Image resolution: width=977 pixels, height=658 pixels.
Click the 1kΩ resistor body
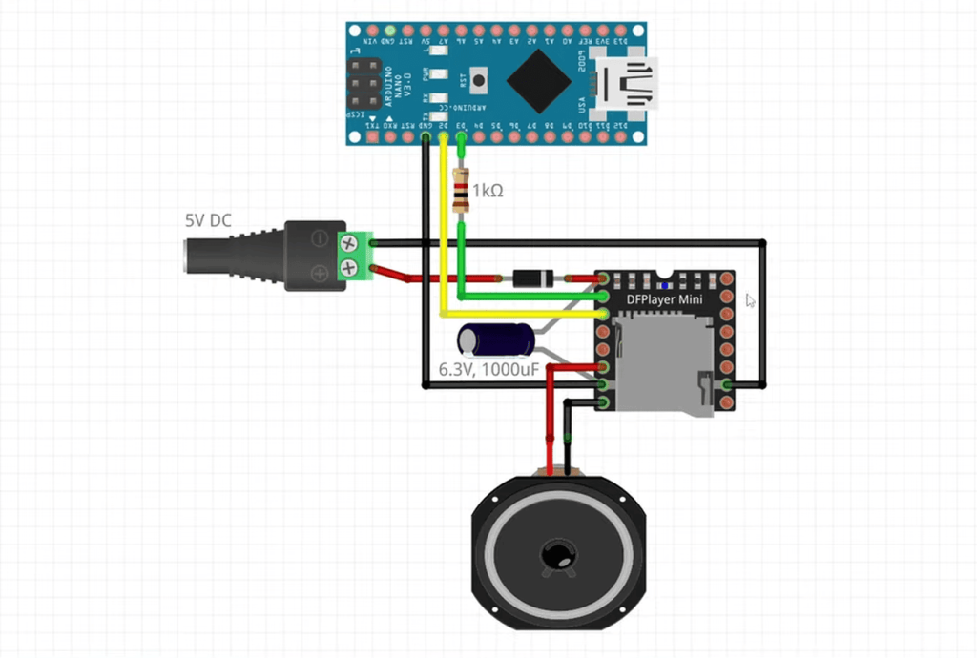pos(462,191)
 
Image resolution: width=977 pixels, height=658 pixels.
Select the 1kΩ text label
pos(487,191)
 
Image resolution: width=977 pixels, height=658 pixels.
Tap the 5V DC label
pos(208,220)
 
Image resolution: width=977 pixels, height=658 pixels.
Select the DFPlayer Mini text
pos(664,300)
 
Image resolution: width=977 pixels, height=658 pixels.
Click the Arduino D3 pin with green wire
pos(462,137)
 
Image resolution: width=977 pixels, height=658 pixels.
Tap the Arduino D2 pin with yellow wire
pos(444,137)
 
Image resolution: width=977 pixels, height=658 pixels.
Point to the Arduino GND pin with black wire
pos(425,137)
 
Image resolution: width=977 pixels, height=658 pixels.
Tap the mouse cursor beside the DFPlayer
pos(750,299)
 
